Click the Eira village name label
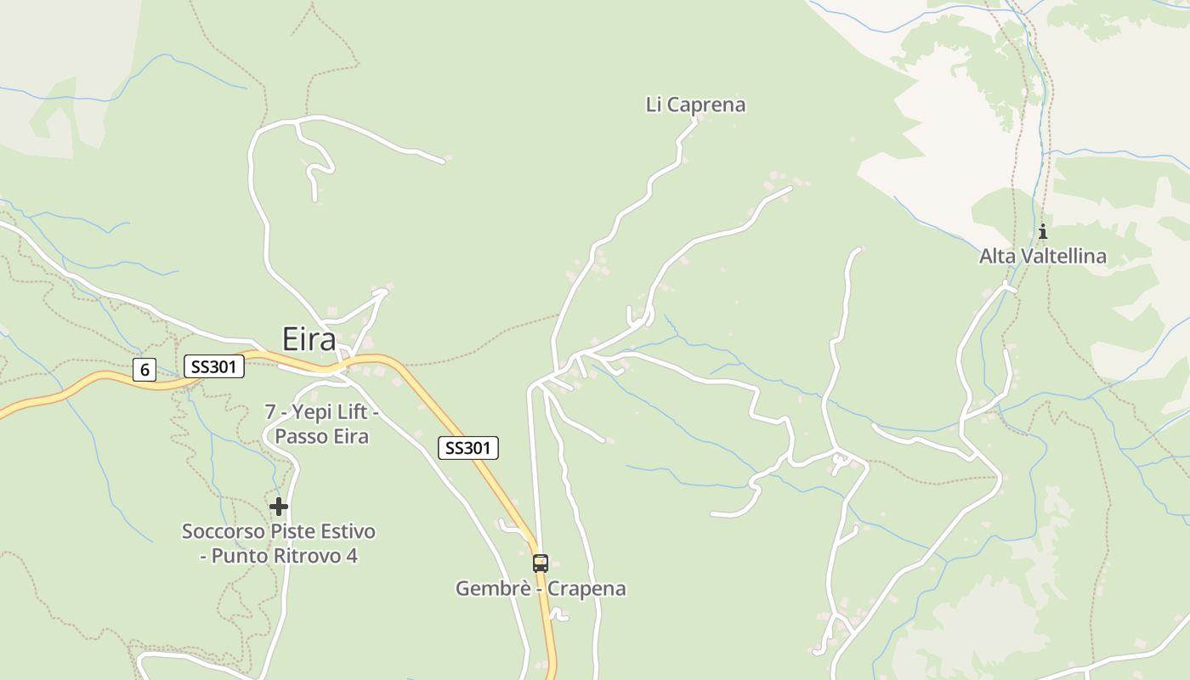309,339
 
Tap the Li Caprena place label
695,105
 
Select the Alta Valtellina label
1042,256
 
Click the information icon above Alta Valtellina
1042,231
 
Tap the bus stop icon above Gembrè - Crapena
540,563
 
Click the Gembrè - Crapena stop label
541,588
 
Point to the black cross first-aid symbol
279,507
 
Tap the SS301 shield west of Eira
214,366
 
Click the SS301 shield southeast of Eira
468,448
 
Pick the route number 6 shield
144,370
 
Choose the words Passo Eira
322,437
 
